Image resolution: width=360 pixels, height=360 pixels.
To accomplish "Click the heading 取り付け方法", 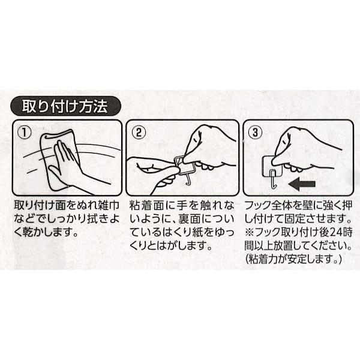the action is point(65,106).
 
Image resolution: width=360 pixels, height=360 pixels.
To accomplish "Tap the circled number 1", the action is point(24,133).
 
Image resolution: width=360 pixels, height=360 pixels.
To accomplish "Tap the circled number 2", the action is point(139,133).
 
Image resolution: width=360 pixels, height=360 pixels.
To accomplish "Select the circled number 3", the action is point(255,133).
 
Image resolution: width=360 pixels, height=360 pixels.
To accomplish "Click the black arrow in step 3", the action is point(302,184).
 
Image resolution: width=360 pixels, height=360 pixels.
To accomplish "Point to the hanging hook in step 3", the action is point(272,179).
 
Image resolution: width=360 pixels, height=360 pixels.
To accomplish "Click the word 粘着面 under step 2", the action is point(145,205).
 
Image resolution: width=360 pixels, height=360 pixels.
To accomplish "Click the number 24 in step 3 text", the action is point(336,232).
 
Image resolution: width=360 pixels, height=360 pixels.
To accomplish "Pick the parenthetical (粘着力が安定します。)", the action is point(293,259).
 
